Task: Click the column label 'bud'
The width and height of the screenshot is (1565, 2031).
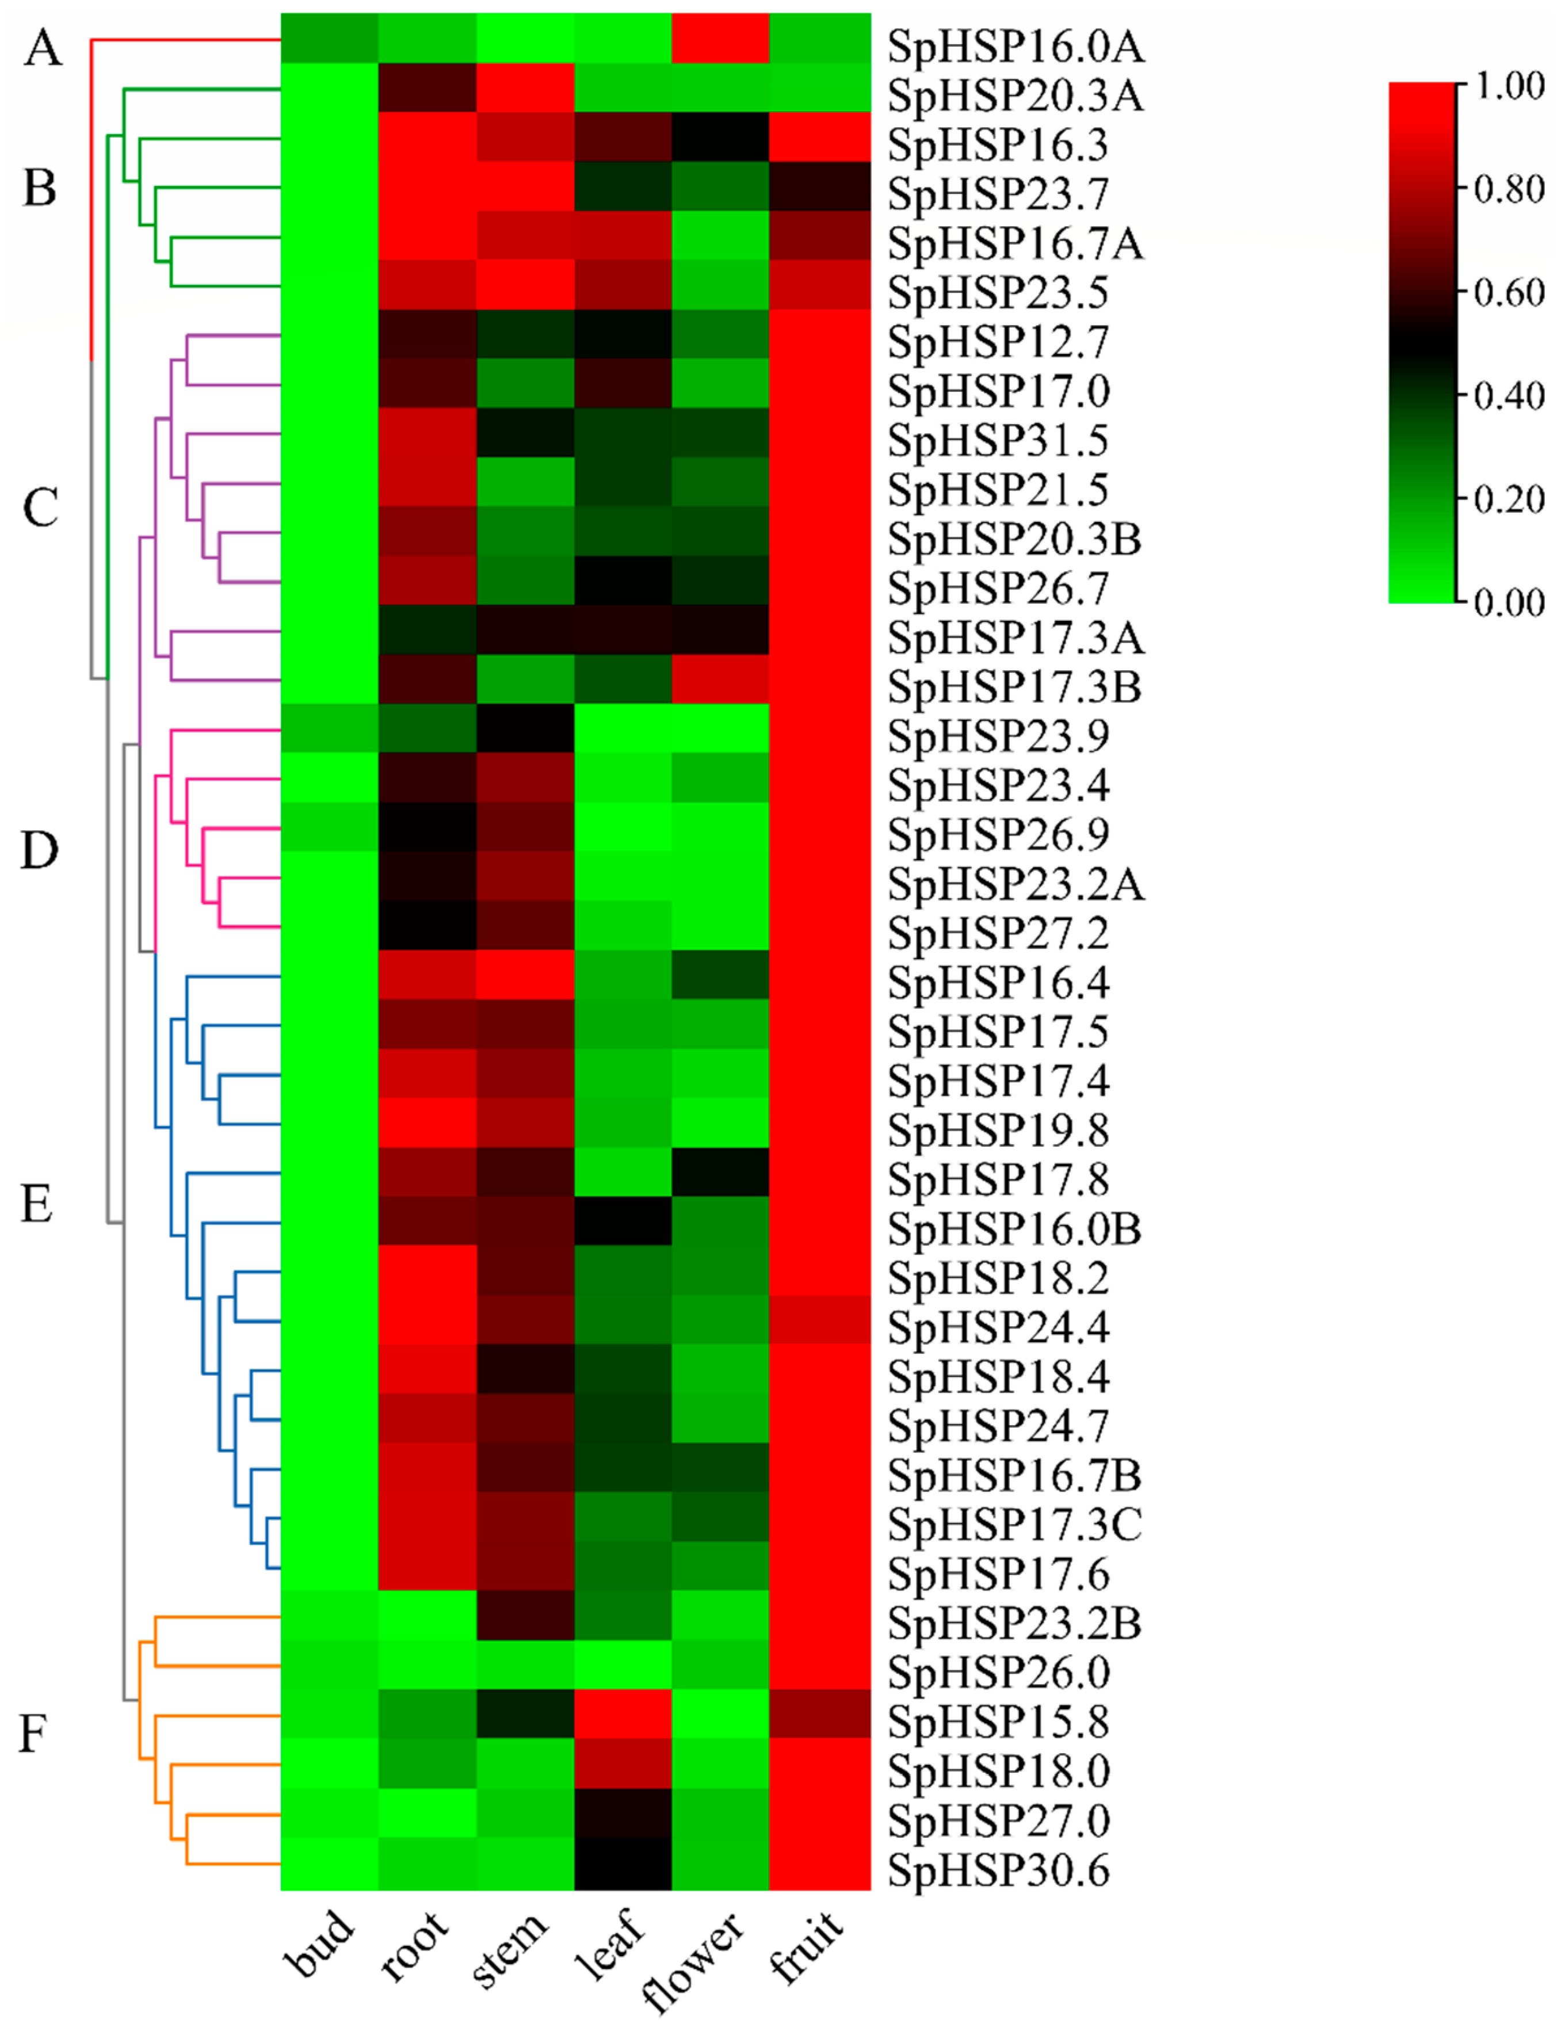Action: pos(321,1944)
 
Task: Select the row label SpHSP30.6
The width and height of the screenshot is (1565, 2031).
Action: pos(999,1871)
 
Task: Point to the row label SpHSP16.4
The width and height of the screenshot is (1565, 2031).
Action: pos(999,983)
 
